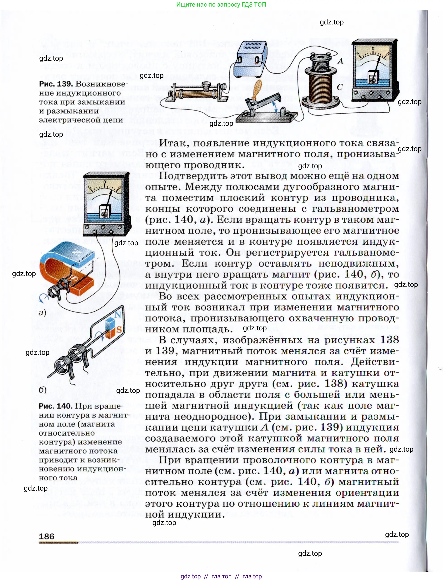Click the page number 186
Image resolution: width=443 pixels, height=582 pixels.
pos(46,536)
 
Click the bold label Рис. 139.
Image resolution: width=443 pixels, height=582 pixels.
pos(56,84)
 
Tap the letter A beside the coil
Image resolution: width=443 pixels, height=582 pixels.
pos(340,61)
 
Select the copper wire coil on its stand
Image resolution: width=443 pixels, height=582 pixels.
pos(321,84)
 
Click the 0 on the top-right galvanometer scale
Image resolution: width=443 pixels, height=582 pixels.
pos(373,49)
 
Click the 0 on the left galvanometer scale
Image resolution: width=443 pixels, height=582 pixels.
pos(104,182)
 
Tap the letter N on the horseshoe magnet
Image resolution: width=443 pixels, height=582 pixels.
pos(77,252)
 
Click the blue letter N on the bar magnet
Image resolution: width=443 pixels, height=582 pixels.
pos(118,315)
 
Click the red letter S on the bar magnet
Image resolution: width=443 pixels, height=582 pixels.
pos(119,329)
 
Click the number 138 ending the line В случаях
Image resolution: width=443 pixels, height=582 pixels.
pos(389,340)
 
